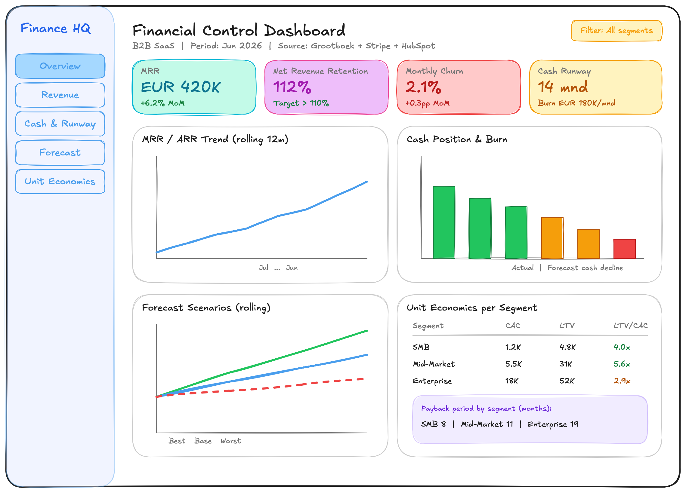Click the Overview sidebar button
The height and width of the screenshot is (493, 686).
point(60,66)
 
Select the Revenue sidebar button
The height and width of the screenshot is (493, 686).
point(60,95)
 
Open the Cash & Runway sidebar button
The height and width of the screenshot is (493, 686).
point(60,124)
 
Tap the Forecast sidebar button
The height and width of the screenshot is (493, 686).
point(60,153)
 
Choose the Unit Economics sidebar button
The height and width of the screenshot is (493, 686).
point(60,181)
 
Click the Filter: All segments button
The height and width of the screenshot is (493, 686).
point(616,31)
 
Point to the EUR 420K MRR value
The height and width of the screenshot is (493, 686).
point(181,87)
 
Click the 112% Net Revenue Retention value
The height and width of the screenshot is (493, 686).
point(292,87)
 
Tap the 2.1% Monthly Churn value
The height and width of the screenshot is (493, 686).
point(423,87)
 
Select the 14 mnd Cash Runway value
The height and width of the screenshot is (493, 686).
point(563,87)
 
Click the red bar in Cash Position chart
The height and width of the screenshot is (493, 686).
point(624,249)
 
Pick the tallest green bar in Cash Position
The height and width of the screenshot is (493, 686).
point(444,222)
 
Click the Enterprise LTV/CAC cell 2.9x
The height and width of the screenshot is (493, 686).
point(622,381)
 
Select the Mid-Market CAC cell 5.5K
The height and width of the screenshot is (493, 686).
point(513,364)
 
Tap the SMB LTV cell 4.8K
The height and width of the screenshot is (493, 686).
point(567,347)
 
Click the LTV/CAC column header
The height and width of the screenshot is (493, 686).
point(630,326)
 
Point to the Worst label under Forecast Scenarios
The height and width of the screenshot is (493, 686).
point(230,441)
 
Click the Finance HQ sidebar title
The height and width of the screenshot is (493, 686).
point(56,29)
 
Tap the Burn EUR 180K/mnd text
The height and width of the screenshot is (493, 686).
point(576,103)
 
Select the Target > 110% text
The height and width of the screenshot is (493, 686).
point(301,103)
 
